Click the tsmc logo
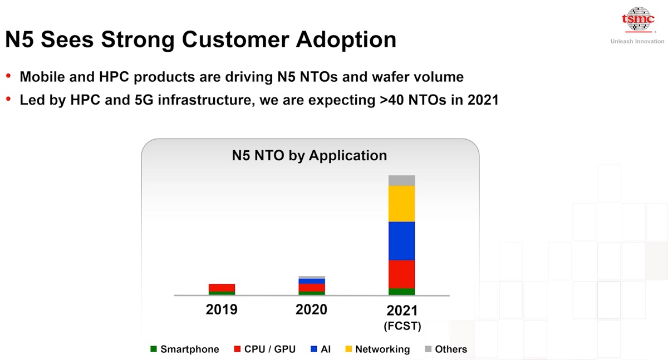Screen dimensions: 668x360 638,19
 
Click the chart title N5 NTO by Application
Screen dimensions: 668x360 310,155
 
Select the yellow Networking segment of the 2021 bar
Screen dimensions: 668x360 401,204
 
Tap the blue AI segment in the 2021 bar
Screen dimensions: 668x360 401,241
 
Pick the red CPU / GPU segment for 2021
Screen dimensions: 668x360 401,274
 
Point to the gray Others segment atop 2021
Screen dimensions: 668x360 401,181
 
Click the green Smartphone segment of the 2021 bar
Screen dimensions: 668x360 401,292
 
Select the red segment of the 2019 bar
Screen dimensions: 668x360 222,288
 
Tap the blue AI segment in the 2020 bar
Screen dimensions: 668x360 312,282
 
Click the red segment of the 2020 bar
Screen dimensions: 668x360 312,288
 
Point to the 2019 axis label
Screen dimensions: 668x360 222,309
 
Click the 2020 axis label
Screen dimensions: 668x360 311,309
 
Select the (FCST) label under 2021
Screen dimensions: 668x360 402,326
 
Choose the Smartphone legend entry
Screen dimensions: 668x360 185,349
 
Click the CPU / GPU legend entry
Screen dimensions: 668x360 265,349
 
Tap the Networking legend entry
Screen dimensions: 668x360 377,349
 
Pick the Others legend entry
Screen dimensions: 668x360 446,349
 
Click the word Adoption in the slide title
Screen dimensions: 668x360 346,40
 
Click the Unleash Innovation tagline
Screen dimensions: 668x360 637,41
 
